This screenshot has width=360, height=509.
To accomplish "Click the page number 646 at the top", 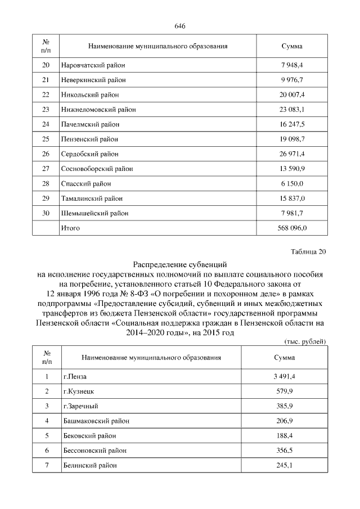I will coord(180,26).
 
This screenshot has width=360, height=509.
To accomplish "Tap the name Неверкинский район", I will coord(93,80).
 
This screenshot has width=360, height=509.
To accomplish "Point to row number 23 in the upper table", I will coord(46,110).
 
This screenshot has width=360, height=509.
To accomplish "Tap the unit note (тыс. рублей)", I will coord(302,341).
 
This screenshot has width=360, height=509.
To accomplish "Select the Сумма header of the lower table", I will coord(284,357).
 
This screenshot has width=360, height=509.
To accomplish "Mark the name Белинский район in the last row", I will coord(90,465).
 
